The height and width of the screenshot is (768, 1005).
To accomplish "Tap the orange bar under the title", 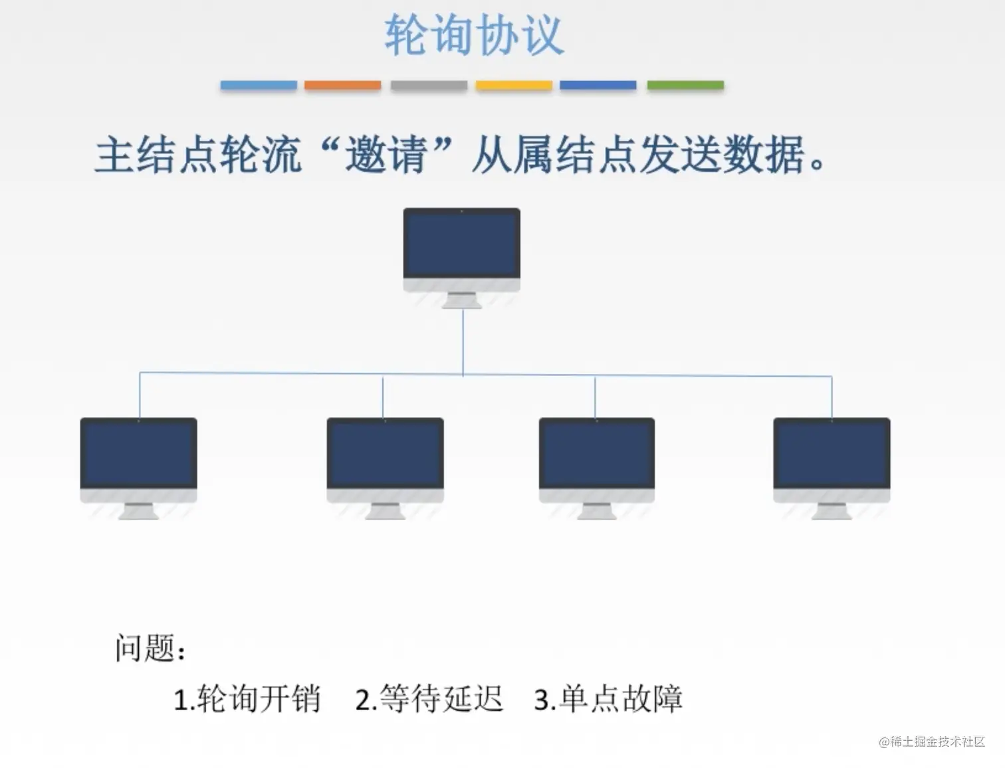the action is tap(342, 85).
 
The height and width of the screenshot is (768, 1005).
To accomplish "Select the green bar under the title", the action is tap(685, 85).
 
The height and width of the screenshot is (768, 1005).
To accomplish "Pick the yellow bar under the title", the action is tap(514, 85).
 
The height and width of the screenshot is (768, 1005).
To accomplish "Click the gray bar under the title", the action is tap(429, 85).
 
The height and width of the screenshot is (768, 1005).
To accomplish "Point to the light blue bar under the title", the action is tap(259, 85).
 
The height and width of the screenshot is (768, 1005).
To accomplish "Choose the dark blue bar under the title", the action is tap(598, 85).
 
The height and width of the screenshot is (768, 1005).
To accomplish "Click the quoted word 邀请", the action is tap(386, 155).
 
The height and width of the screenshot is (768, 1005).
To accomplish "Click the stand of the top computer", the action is tap(461, 301).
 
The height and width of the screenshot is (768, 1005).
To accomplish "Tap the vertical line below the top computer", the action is tap(463, 342).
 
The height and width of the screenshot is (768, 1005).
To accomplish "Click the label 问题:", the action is tap(150, 648).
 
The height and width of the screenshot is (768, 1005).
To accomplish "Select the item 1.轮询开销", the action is tap(247, 699).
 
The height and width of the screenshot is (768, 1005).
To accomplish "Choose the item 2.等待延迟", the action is tap(429, 699).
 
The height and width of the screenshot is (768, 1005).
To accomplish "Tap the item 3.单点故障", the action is tap(608, 699).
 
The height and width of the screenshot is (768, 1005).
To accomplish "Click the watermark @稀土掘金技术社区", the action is tap(932, 741).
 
